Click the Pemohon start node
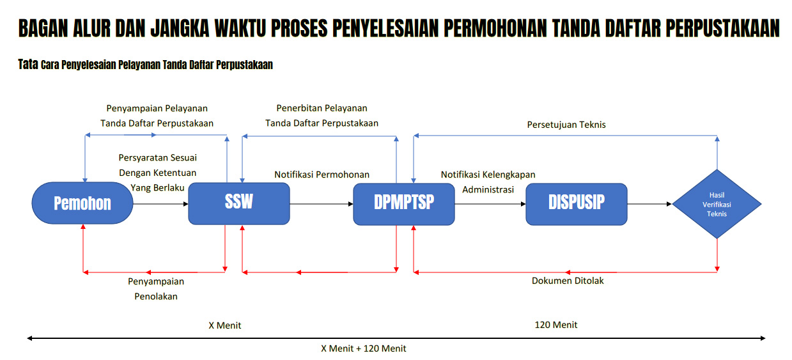click(82, 203)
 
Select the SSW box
click(239, 203)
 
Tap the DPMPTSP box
click(404, 204)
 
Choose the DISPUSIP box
click(577, 204)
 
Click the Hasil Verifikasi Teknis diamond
click(717, 204)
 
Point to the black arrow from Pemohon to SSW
click(161, 204)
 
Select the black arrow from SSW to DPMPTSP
click(322, 204)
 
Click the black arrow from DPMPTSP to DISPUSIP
click(490, 204)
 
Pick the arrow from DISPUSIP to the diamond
click(649, 204)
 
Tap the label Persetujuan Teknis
click(566, 125)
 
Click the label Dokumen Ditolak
click(568, 281)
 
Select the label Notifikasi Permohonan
click(322, 175)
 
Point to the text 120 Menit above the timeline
click(556, 325)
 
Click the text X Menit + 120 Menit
click(364, 348)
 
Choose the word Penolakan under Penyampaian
click(156, 296)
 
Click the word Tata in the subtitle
click(28, 65)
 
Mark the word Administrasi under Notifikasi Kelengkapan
click(488, 189)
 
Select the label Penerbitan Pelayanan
click(322, 108)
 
